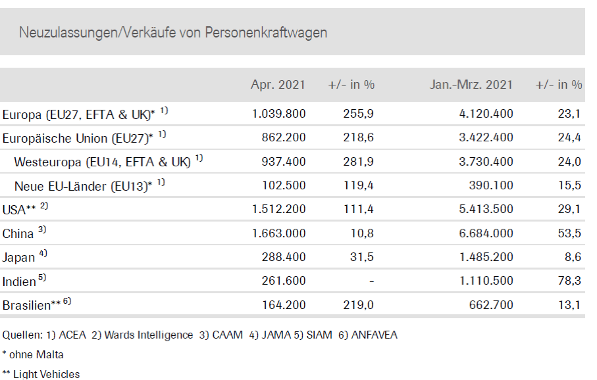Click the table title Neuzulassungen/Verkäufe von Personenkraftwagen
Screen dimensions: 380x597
point(173,32)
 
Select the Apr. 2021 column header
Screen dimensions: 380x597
point(278,84)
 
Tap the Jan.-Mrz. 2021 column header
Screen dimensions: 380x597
point(471,84)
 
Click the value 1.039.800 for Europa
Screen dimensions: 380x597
point(278,114)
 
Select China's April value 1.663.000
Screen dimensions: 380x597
point(278,233)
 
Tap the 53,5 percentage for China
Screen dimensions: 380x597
point(569,233)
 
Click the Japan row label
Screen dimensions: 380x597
point(18,258)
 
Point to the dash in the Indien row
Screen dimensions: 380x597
point(372,281)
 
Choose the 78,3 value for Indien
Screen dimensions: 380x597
point(569,281)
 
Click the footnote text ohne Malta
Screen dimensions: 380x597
point(36,354)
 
